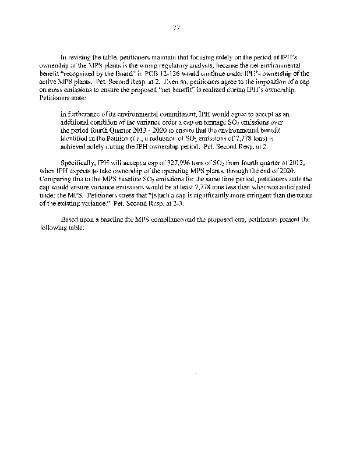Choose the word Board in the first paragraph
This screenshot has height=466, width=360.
[x=139, y=80]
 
